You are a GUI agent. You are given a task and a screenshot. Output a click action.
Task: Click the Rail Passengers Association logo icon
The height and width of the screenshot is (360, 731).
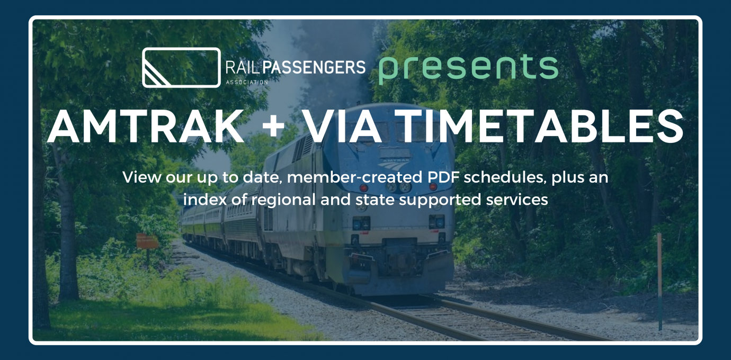[181, 67]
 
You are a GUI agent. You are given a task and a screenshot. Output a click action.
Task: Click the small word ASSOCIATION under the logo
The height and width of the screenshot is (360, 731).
[246, 83]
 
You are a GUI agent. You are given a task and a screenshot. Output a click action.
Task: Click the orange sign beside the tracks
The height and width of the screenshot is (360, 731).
[147, 241]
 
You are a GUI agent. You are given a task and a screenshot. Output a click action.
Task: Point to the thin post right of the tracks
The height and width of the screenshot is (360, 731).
[659, 281]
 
